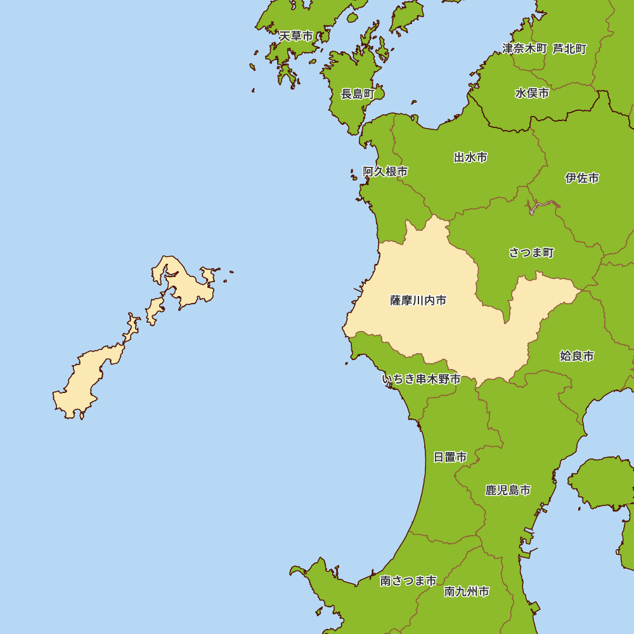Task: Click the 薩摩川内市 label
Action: [x=418, y=301]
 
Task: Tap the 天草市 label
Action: [x=296, y=36]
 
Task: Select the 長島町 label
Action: [x=358, y=94]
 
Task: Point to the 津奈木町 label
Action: [x=524, y=49]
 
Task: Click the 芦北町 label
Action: [x=569, y=49]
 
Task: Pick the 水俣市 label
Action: [x=532, y=93]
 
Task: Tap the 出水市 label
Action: [x=470, y=157]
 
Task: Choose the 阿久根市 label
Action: [x=385, y=172]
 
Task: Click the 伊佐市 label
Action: [x=582, y=178]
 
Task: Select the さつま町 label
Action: [x=531, y=253]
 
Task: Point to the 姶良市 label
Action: [x=577, y=356]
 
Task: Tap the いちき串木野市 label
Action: [x=421, y=380]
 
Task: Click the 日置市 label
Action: [x=450, y=457]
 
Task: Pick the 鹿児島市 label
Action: [x=508, y=490]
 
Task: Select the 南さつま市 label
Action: [x=408, y=581]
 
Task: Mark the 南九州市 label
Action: [x=467, y=592]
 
